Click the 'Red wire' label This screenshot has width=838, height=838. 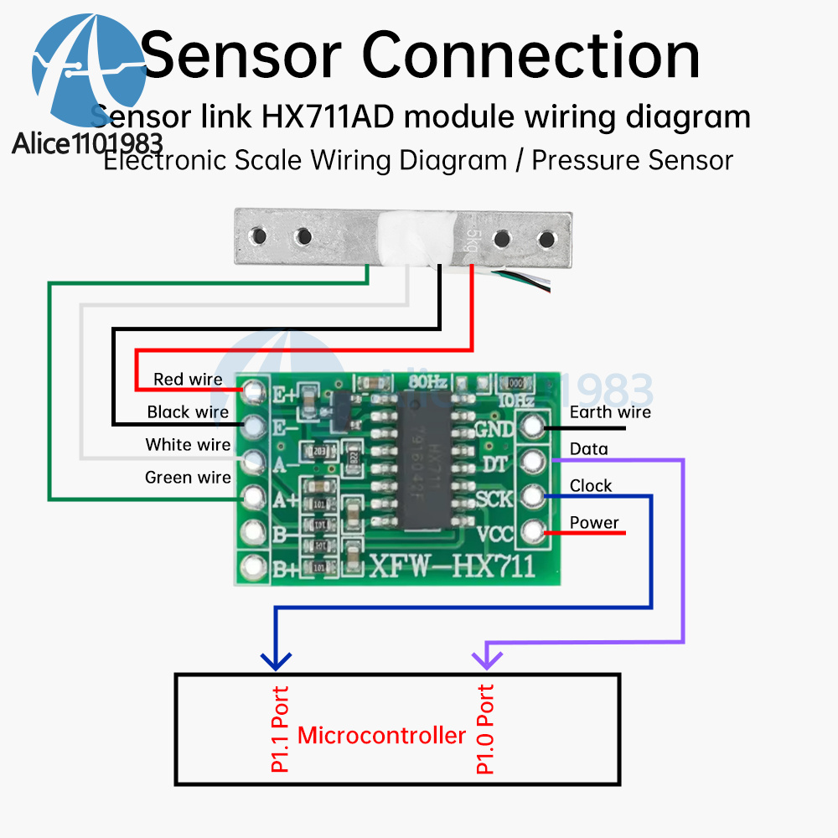tap(188, 380)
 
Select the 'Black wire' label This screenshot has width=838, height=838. tap(188, 411)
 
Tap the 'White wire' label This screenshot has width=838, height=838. tap(188, 444)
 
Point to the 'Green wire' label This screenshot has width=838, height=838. tap(188, 478)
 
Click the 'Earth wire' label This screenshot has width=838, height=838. tap(610, 411)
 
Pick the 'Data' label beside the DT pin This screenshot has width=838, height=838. tap(589, 449)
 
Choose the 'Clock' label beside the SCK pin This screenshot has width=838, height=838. tap(591, 485)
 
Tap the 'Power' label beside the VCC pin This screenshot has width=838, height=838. tap(594, 523)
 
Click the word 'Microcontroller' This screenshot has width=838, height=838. tap(381, 736)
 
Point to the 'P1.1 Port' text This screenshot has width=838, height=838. tap(280, 729)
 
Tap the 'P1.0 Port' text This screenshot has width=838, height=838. tap(484, 729)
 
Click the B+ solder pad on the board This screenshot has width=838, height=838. tap(252, 566)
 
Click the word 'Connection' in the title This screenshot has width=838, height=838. tap(531, 55)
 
